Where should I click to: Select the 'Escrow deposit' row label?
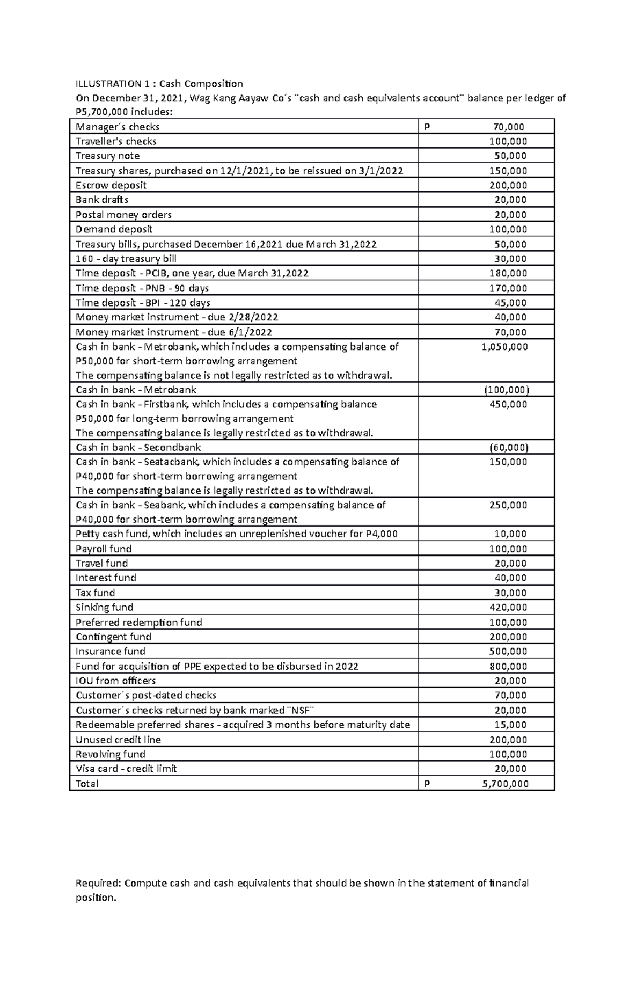point(111,185)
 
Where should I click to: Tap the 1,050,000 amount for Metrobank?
point(504,347)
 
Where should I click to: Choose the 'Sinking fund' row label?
point(104,607)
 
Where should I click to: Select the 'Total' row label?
point(87,784)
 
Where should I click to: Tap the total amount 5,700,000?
point(505,784)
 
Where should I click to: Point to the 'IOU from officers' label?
point(115,681)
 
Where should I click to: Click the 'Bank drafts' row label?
point(102,200)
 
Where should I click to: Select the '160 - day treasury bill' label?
point(126,259)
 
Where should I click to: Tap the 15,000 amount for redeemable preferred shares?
point(510,725)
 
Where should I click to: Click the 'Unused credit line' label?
point(118,740)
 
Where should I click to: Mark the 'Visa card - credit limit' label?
point(126,769)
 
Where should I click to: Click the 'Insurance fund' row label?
point(110,651)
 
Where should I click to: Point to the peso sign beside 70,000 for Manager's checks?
point(427,127)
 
